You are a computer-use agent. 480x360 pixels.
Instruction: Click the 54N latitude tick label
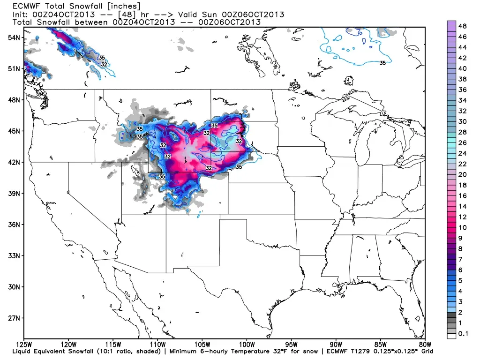13,37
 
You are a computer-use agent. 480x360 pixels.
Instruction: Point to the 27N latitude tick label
13,318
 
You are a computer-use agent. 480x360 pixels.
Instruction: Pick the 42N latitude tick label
13,162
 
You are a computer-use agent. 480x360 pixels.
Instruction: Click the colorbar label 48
462,25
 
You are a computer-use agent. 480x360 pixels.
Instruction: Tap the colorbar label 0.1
463,334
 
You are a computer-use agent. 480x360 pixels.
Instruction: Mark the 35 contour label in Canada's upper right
383,63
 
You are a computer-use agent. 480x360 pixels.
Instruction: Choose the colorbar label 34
462,100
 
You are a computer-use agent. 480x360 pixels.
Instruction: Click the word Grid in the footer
426,351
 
